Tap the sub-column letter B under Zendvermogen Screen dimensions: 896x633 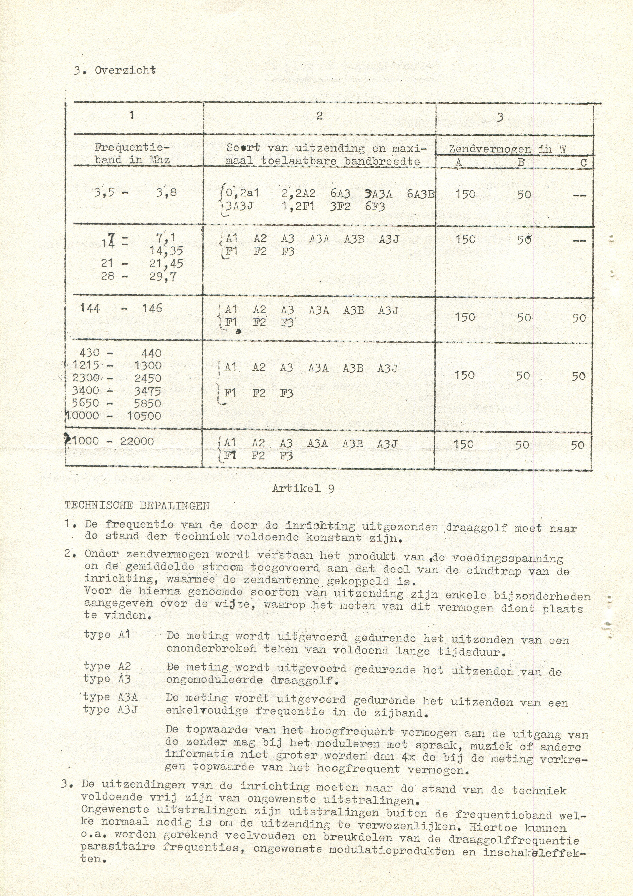(521, 162)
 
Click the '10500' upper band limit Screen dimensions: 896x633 (144, 416)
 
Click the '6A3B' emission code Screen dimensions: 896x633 (420, 194)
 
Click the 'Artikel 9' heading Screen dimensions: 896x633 (303, 489)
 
